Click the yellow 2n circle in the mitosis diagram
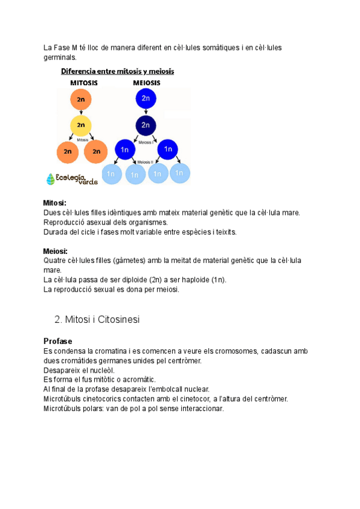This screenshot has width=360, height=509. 80,125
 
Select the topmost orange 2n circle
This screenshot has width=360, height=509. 80,100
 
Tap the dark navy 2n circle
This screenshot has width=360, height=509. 146,125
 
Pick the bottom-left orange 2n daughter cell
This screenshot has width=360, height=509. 67,152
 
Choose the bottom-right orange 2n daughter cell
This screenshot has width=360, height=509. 96,152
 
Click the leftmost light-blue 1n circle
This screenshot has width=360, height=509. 111,173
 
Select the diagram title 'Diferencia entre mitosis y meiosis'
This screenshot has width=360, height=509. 117,71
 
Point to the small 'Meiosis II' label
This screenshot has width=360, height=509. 145,162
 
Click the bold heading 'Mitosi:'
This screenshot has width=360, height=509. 55,203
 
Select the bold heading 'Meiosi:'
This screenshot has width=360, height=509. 55,251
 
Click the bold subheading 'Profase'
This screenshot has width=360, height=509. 58,341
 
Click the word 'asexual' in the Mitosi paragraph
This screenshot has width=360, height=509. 101,222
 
